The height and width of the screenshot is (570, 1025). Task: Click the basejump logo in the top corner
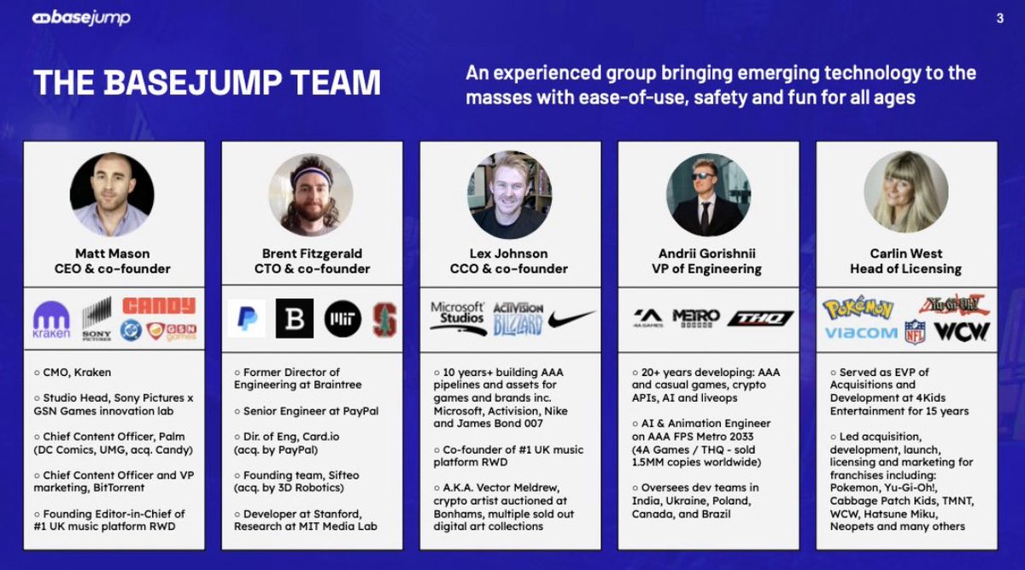tap(81, 18)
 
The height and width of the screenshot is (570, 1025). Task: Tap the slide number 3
tap(1000, 19)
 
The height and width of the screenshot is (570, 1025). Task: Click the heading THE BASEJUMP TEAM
tap(207, 84)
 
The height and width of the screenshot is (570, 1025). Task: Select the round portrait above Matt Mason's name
tap(112, 195)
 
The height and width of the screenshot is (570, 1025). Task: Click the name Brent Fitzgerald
tap(313, 254)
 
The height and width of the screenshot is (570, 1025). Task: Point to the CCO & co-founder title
tap(510, 269)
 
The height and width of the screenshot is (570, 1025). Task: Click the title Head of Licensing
tap(905, 269)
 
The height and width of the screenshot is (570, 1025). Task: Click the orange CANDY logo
tap(158, 306)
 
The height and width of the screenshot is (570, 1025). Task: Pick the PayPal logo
tap(246, 319)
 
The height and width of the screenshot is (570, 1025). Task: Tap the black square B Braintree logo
tap(295, 319)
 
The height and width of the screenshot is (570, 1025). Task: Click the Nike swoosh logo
tap(571, 319)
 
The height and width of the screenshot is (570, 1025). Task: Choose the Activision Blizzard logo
tap(518, 319)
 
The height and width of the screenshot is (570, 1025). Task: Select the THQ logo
tap(760, 319)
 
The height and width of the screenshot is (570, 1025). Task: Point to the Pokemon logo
tap(858, 308)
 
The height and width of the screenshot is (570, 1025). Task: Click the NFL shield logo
tap(915, 332)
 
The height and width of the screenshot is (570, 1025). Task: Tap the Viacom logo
tap(860, 332)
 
